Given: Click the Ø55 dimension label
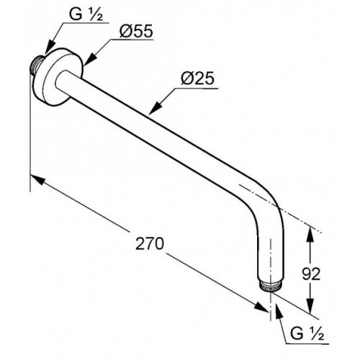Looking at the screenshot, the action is (136, 31).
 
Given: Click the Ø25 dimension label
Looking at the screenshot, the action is (197, 78).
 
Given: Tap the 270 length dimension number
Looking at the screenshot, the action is (150, 243).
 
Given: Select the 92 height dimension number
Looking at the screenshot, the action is (311, 274).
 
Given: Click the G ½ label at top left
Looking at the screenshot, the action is (86, 14).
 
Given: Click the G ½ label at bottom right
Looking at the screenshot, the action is (307, 333).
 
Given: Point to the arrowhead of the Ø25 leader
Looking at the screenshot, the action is (155, 107).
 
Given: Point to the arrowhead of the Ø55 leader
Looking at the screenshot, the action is (90, 59).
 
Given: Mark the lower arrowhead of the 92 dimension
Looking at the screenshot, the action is (310, 305).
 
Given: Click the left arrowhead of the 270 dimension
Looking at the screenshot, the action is (37, 180).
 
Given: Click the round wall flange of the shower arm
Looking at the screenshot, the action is (58, 76).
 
